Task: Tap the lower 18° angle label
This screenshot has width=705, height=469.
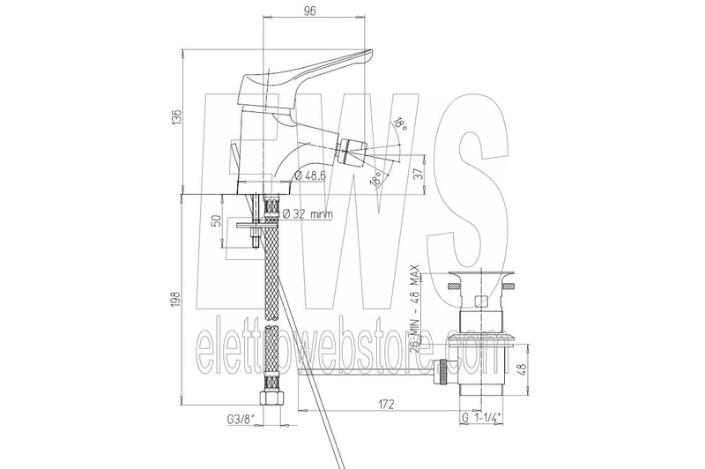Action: (x=376, y=180)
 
